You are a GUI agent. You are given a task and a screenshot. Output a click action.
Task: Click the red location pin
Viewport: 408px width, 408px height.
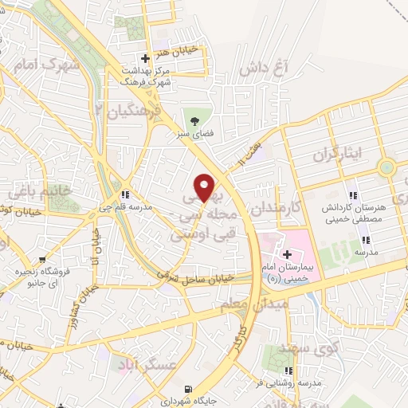[206, 187]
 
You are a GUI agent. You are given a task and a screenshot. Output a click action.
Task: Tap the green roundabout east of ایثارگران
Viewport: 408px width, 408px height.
[387, 167]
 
